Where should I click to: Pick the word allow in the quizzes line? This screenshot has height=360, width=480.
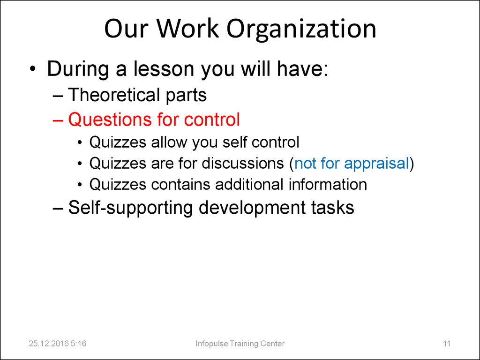[169, 142]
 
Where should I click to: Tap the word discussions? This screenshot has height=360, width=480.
[243, 163]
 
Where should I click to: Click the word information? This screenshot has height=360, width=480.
[328, 184]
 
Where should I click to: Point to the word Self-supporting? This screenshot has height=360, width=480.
[130, 208]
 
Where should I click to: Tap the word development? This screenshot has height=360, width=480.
[252, 208]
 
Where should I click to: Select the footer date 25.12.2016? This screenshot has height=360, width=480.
[48, 344]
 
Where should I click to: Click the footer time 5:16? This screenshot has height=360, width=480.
[78, 344]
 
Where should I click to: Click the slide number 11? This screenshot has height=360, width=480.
[447, 344]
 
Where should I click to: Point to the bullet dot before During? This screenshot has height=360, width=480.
[33, 69]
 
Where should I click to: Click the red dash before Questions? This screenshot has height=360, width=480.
[58, 120]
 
